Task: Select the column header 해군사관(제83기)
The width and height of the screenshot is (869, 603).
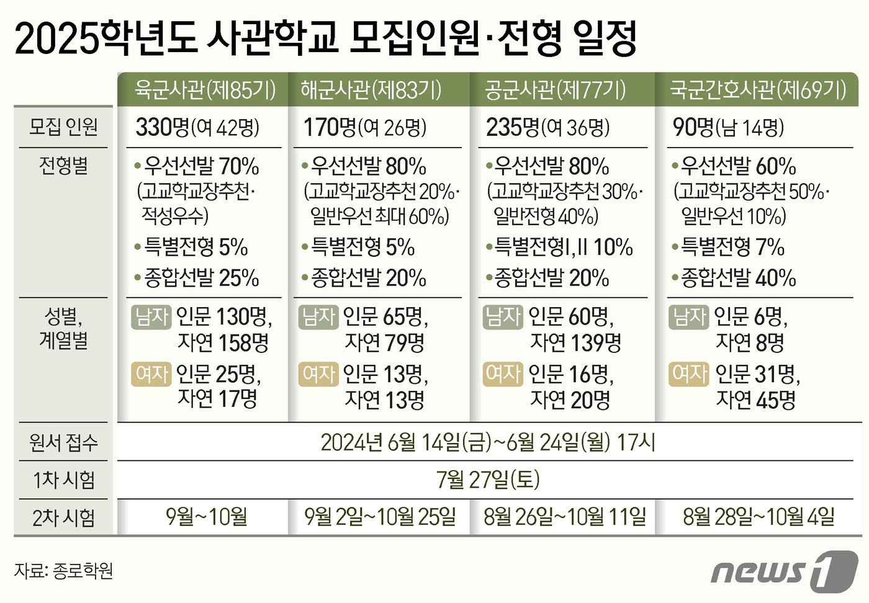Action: pyautogui.click(x=371, y=90)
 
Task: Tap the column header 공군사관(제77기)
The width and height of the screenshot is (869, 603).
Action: pyautogui.click(x=556, y=90)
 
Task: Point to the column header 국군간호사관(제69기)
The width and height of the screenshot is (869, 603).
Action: pyautogui.click(x=758, y=90)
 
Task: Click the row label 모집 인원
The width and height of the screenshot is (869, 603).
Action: pyautogui.click(x=63, y=127)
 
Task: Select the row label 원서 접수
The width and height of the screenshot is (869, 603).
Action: pyautogui.click(x=63, y=442)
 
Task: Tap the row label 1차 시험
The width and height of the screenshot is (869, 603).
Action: pyautogui.click(x=63, y=480)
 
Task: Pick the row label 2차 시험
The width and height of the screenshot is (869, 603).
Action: pyautogui.click(x=63, y=517)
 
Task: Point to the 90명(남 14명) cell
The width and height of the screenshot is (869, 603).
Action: pyautogui.click(x=728, y=128)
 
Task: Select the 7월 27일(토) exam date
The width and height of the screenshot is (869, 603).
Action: pyautogui.click(x=488, y=480)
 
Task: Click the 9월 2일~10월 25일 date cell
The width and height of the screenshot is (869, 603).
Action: pyautogui.click(x=380, y=517)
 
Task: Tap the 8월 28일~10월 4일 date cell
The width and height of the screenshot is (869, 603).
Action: pyautogui.click(x=759, y=517)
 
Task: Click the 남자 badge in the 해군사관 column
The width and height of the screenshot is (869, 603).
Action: pyautogui.click(x=318, y=317)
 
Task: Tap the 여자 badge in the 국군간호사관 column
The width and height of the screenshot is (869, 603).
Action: pyautogui.click(x=689, y=374)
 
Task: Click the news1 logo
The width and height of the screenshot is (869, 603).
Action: pyautogui.click(x=785, y=569)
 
